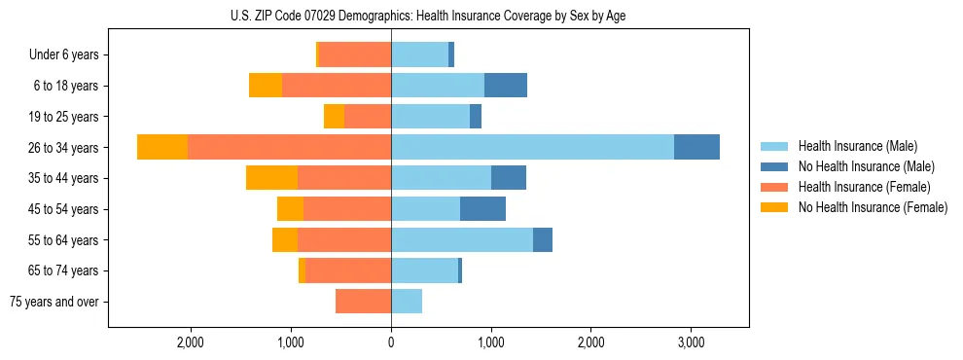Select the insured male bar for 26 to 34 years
[532, 147]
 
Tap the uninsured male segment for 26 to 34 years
[696, 147]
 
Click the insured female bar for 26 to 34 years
[289, 147]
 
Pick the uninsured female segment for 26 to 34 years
[162, 147]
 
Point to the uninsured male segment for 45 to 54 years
[482, 209]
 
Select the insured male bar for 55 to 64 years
[462, 239]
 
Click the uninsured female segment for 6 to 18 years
[266, 86]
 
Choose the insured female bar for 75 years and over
[363, 302]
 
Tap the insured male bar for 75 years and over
[407, 302]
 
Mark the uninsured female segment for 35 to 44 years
[271, 178]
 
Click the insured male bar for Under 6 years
[419, 54]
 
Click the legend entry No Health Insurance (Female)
[872, 207]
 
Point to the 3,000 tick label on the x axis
[691, 342]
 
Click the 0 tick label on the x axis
[391, 342]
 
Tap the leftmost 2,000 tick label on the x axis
[190, 342]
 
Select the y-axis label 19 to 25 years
[64, 117]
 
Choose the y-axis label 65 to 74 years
[64, 270]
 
